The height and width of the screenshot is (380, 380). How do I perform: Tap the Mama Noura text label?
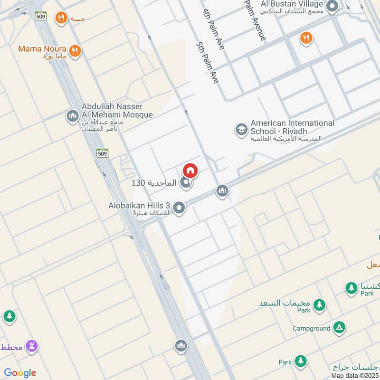[42, 49]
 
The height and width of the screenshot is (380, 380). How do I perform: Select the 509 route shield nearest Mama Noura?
[40, 16]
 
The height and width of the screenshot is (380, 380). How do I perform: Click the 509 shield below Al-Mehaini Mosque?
[102, 153]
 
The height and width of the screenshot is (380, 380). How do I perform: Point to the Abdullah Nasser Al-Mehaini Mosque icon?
[73, 116]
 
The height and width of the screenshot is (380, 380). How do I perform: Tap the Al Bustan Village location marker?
[332, 6]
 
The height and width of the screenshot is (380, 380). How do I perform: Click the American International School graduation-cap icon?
[241, 129]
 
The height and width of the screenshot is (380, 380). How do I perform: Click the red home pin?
[190, 171]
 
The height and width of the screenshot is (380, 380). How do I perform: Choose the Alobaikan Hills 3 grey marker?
[179, 208]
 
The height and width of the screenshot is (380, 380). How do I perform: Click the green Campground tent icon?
[339, 327]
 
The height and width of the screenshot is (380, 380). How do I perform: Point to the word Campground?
[311, 328]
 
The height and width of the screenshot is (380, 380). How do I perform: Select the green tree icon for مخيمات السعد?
[319, 304]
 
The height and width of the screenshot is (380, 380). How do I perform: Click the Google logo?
[20, 373]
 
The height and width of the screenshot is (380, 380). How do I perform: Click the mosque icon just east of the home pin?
[222, 191]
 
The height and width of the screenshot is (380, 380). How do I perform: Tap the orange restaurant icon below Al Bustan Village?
[306, 38]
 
